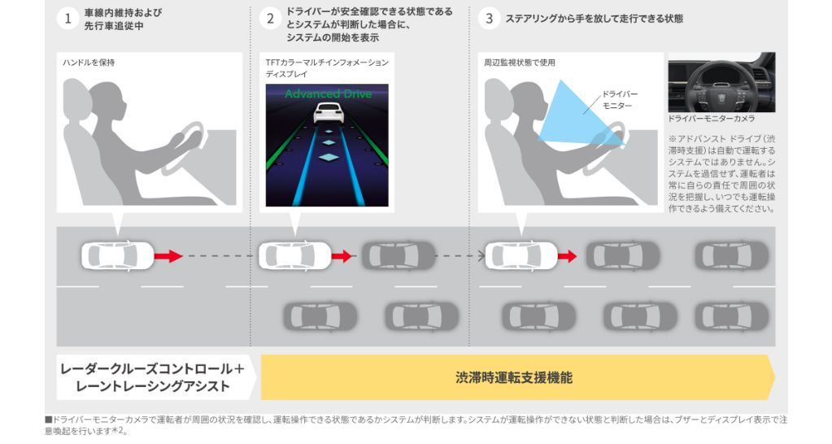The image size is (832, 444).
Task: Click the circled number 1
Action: (x=68, y=19)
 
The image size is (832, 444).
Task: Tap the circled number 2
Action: (x=270, y=19)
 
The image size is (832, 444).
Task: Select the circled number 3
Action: (x=489, y=19)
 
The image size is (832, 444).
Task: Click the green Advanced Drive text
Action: (x=328, y=94)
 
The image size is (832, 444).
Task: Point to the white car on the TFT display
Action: (x=329, y=113)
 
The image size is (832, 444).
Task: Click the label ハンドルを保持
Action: (x=89, y=63)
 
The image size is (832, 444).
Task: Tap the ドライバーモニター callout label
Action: (x=619, y=100)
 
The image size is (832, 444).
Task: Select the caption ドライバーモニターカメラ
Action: (x=711, y=119)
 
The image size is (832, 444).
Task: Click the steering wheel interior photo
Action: (x=721, y=82)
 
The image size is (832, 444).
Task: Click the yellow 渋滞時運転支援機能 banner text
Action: (x=514, y=377)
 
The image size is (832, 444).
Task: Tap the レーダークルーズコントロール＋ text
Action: (x=152, y=368)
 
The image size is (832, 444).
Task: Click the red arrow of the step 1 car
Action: (x=168, y=256)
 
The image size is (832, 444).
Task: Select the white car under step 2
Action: (x=295, y=255)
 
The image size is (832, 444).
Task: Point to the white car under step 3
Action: (x=521, y=255)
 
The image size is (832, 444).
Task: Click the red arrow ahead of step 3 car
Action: (x=567, y=256)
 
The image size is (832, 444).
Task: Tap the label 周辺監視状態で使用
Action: (x=520, y=63)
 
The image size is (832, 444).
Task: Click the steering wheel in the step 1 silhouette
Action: (x=184, y=149)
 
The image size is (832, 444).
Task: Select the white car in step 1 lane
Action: (x=118, y=255)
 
